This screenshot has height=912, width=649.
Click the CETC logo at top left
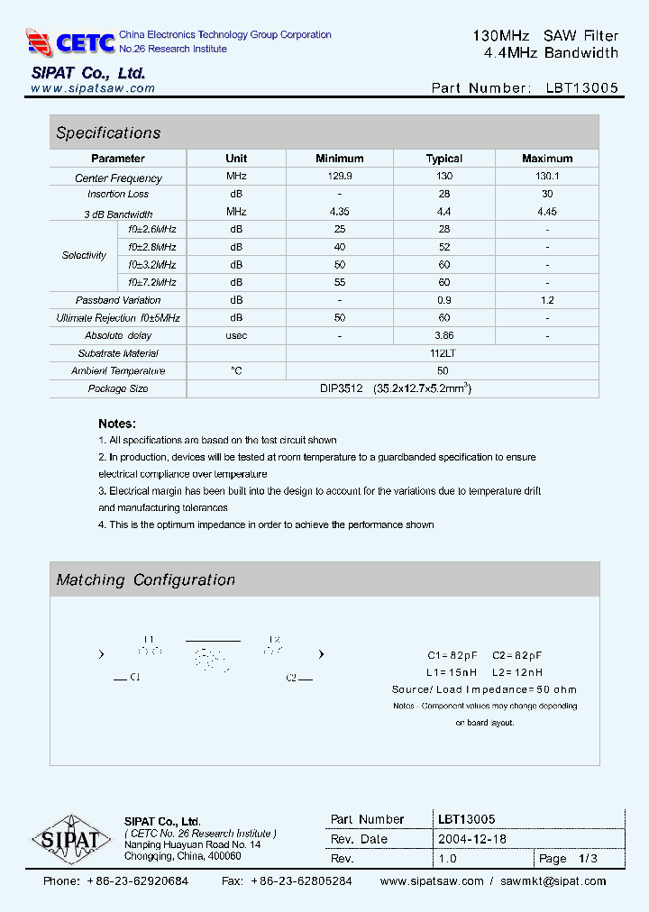pos(70,42)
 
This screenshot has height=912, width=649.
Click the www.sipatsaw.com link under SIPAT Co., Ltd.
pos(93,89)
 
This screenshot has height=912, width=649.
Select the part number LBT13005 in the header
pos(582,88)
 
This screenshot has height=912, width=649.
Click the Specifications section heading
pos(108,133)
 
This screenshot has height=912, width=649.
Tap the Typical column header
pos(443,159)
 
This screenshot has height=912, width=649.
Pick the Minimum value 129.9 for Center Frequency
pos(340,177)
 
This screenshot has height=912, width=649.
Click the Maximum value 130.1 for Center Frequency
pos(546,177)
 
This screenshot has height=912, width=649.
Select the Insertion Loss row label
pos(118,195)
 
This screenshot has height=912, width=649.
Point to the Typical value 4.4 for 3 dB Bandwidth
pos(443,213)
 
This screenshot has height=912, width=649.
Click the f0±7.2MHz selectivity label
pos(151,282)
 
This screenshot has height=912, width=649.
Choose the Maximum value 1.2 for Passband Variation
pos(546,300)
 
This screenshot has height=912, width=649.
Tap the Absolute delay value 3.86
pos(443,335)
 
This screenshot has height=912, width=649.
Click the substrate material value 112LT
pos(443,353)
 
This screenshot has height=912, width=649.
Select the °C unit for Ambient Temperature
pos(236,371)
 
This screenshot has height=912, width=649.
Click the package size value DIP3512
pos(341,388)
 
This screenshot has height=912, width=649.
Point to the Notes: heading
pos(117,424)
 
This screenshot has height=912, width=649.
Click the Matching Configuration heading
pos(146,580)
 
